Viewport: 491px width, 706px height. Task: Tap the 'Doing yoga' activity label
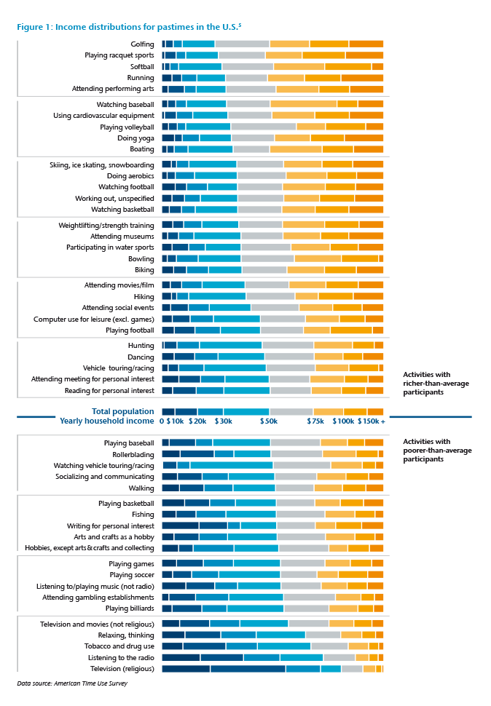tap(135, 138)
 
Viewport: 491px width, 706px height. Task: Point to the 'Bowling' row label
tap(141, 258)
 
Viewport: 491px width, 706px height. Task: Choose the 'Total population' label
tap(122, 411)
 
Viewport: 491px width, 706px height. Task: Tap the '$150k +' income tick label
tap(374, 421)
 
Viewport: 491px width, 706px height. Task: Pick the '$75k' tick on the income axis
tap(315, 421)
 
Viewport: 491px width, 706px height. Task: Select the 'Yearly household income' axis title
tap(107, 421)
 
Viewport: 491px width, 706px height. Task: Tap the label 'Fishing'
tap(143, 515)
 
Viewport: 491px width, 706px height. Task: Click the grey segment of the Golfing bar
tap(242, 44)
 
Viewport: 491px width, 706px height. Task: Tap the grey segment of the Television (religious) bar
tap(352, 669)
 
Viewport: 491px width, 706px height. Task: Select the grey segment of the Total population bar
tap(291, 411)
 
